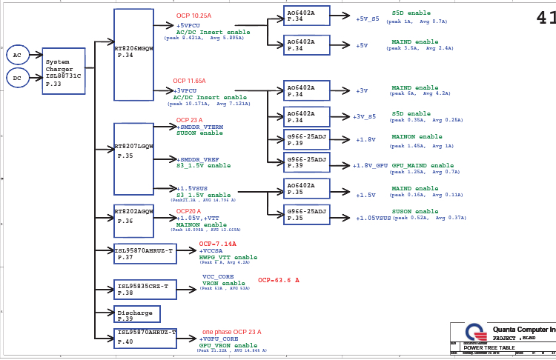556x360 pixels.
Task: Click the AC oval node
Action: point(18,55)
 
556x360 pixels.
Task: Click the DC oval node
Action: point(18,76)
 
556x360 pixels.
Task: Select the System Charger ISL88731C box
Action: point(64,71)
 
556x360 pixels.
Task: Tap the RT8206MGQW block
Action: point(134,55)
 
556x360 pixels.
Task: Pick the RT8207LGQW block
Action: point(134,159)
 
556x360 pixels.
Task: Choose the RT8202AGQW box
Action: point(134,221)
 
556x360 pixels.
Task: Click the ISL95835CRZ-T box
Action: point(145,290)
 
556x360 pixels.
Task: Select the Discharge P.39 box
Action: point(137,314)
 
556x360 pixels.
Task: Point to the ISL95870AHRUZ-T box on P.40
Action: point(145,338)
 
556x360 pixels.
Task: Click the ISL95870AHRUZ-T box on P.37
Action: point(145,254)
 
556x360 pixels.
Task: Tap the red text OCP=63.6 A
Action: point(279,281)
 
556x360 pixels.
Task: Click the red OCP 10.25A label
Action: point(193,16)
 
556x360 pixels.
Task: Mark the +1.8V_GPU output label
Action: point(370,166)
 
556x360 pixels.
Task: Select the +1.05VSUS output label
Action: point(373,219)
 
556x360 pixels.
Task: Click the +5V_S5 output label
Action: point(367,19)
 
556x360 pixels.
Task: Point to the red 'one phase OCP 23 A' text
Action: point(231,332)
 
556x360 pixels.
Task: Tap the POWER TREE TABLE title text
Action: point(489,347)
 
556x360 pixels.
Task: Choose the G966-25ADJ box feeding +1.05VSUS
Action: point(307,215)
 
